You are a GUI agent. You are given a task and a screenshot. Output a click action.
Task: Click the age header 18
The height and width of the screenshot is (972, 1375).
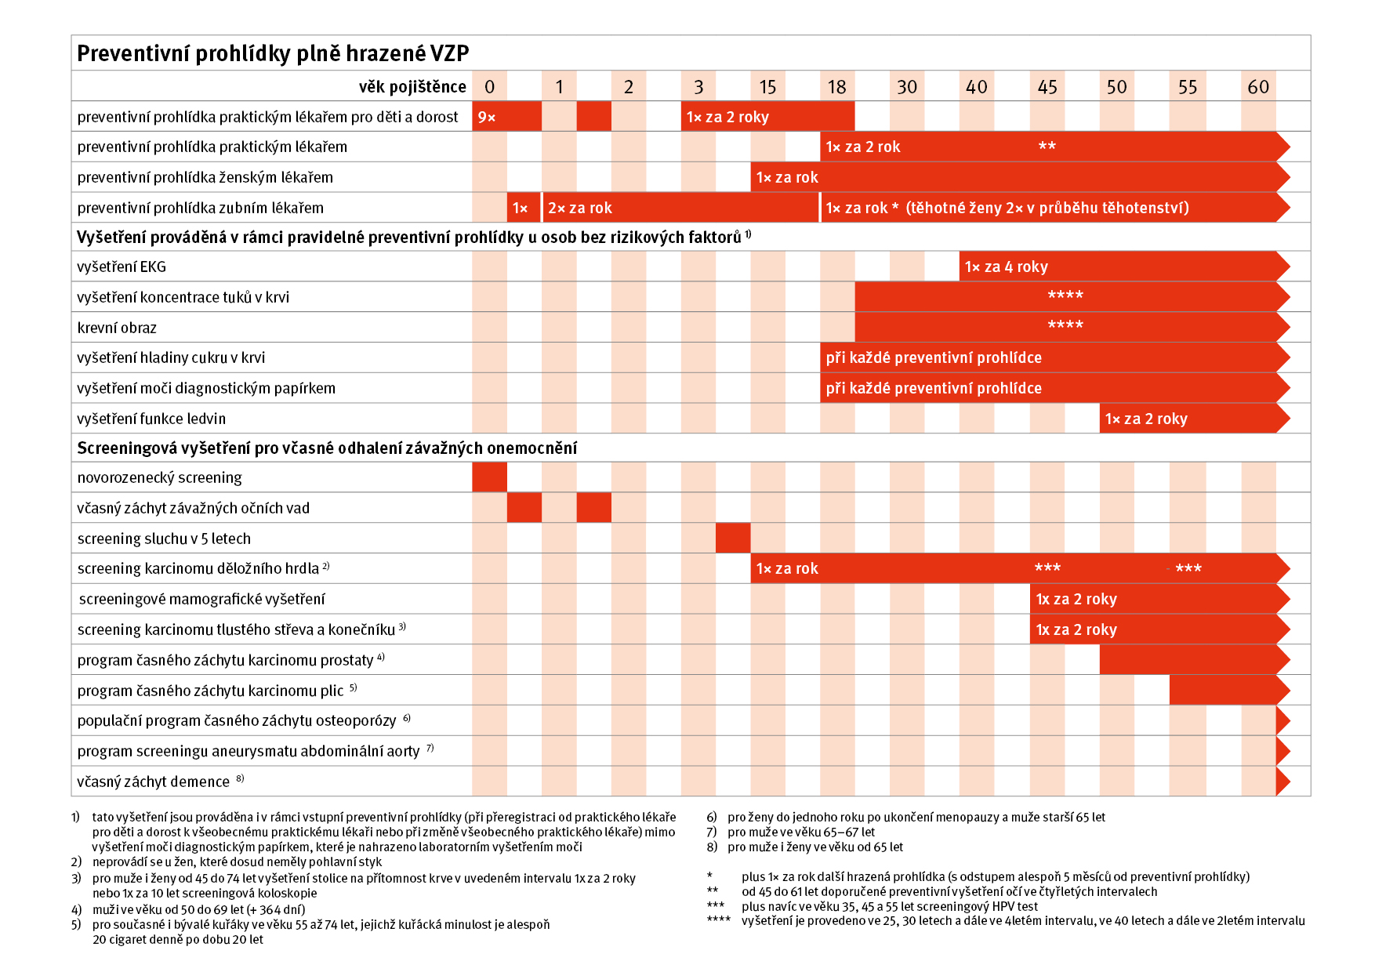coord(837,87)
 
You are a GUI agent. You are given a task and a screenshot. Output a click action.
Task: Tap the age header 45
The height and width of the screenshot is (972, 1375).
coord(1047,87)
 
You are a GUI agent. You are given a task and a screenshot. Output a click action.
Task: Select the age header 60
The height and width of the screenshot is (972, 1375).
coord(1258,87)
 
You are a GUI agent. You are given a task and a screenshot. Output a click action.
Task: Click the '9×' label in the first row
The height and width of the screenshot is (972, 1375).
coord(487,117)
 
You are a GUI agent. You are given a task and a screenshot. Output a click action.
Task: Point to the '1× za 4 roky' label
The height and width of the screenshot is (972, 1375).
coord(1007,267)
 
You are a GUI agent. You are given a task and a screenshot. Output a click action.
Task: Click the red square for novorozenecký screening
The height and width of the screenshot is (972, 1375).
coord(489,477)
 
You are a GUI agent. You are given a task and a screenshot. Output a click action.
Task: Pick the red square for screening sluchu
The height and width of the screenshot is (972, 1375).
coord(733,539)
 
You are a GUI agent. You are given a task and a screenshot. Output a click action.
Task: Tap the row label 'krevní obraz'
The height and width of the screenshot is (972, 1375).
coord(117,328)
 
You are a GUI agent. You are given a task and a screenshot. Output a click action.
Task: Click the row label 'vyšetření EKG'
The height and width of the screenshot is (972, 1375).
coord(122,267)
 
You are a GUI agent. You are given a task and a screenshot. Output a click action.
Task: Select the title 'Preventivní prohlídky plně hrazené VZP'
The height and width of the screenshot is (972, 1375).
coord(273,53)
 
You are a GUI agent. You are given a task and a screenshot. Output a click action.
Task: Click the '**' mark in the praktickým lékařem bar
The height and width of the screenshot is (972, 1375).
coord(1047,147)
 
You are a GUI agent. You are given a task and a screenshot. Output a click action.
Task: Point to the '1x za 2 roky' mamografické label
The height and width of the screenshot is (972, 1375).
coord(1076,599)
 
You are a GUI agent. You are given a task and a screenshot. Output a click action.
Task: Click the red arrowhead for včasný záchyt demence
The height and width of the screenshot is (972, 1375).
coord(1282,782)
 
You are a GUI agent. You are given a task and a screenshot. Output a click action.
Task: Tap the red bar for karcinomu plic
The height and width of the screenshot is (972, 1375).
coord(1223,691)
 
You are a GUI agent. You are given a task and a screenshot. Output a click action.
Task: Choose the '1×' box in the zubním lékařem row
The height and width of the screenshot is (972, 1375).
coord(521,208)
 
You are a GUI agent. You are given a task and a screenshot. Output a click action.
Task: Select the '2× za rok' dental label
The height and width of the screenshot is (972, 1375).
coord(580,208)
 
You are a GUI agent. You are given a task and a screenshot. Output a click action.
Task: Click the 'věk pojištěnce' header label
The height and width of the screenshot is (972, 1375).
coord(412,87)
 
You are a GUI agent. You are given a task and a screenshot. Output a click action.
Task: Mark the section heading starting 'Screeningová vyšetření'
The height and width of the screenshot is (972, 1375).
coord(327,448)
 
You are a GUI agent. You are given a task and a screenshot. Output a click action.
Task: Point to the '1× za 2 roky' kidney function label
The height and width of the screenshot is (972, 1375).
coord(1146,419)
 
